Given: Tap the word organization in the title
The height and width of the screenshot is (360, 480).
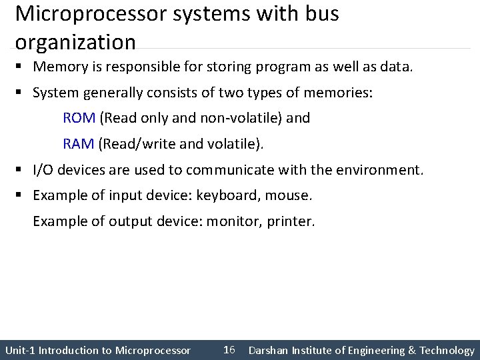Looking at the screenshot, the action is tap(75, 43).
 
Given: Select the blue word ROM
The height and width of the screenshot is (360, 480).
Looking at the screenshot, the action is tap(79, 118).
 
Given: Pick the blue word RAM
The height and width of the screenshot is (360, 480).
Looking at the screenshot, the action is tap(79, 143).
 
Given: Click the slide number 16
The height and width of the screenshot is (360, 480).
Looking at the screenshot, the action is tap(229, 350).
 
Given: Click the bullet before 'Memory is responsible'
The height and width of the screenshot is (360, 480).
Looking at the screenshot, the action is tap(22, 67).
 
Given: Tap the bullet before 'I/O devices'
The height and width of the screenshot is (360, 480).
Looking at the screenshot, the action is tap(22, 169).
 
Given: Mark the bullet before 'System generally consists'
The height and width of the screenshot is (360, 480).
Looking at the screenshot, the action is tap(22, 93).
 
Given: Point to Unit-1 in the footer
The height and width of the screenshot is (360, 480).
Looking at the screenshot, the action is tap(20, 350).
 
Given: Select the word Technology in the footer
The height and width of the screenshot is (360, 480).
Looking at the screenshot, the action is tap(447, 350).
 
